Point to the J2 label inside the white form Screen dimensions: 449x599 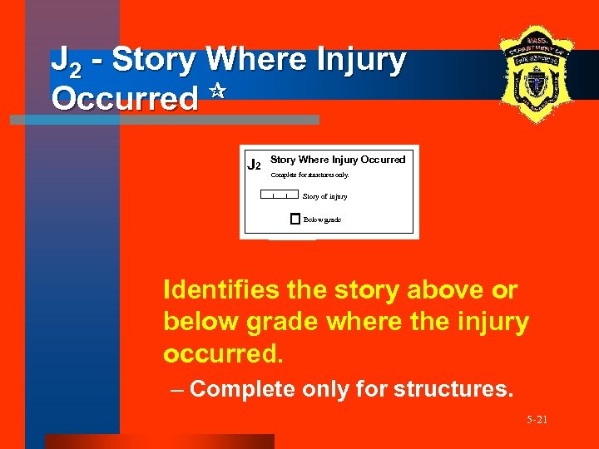255,164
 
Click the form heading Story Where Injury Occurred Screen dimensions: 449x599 338,159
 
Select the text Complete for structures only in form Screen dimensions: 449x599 310,175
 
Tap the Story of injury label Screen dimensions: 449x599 324,196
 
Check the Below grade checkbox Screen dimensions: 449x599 295,220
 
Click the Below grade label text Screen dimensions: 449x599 322,220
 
